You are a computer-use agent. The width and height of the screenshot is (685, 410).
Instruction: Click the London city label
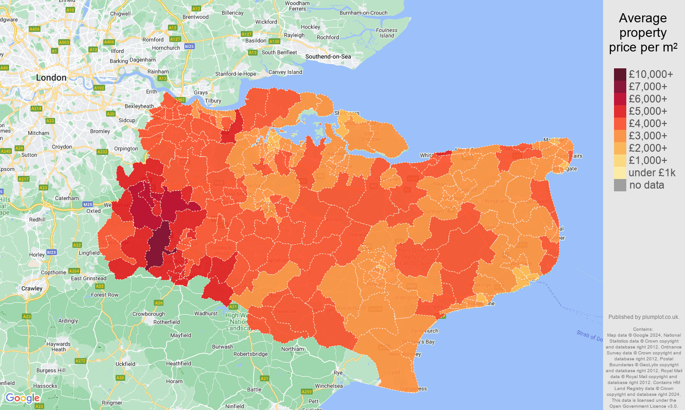pyautogui.click(x=51, y=78)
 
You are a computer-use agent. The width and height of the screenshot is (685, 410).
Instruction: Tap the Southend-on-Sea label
pyautogui.click(x=328, y=56)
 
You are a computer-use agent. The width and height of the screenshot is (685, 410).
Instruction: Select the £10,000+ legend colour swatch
pyautogui.click(x=620, y=74)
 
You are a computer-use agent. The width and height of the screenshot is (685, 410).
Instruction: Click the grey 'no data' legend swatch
pyautogui.click(x=620, y=185)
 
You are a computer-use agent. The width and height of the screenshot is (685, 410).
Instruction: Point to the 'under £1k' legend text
pyautogui.click(x=652, y=173)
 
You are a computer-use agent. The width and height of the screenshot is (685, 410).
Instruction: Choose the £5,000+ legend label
pyautogui.click(x=648, y=111)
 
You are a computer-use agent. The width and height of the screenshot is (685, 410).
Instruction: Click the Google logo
pyautogui.click(x=22, y=398)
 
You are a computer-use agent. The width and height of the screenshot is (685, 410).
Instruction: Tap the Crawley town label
pyautogui.click(x=32, y=288)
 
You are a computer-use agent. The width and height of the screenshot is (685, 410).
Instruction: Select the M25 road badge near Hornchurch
pyautogui.click(x=189, y=46)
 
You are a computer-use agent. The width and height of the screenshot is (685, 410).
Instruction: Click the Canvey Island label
pyautogui.click(x=285, y=72)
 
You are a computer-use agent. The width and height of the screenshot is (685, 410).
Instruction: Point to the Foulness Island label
pyautogui.click(x=386, y=33)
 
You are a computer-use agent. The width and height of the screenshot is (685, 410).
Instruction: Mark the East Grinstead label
pyautogui.click(x=88, y=278)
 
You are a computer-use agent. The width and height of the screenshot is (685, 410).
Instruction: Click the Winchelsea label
pyautogui.click(x=329, y=386)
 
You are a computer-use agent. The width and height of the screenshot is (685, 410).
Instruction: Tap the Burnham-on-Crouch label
pyautogui.click(x=363, y=13)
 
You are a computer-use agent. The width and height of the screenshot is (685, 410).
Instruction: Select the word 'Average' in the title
pyautogui.click(x=642, y=18)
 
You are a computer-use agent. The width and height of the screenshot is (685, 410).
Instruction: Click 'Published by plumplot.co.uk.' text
pyautogui.click(x=644, y=317)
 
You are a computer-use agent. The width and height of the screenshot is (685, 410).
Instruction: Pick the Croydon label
pyautogui.click(x=62, y=147)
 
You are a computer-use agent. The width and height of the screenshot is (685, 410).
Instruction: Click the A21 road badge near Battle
pyautogui.click(x=264, y=379)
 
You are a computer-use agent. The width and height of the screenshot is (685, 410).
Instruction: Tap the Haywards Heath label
pyautogui.click(x=58, y=347)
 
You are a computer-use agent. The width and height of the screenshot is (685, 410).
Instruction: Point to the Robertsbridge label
pyautogui.click(x=250, y=354)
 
